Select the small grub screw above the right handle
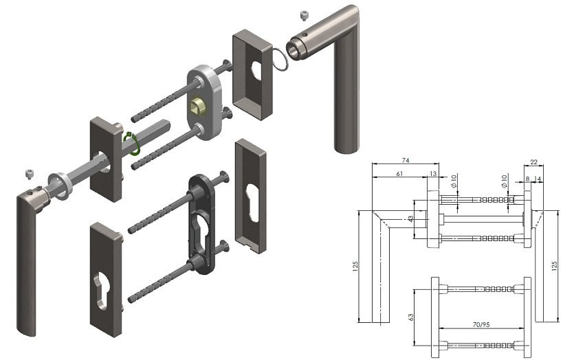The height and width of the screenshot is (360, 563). [x=304, y=16]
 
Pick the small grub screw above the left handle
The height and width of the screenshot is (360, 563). [x=30, y=174]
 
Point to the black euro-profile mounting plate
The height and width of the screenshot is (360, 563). [x=202, y=224]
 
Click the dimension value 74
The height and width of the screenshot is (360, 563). [x=406, y=161]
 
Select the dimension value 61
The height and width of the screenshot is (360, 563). [x=399, y=174]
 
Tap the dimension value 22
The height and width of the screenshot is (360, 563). [x=533, y=162]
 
